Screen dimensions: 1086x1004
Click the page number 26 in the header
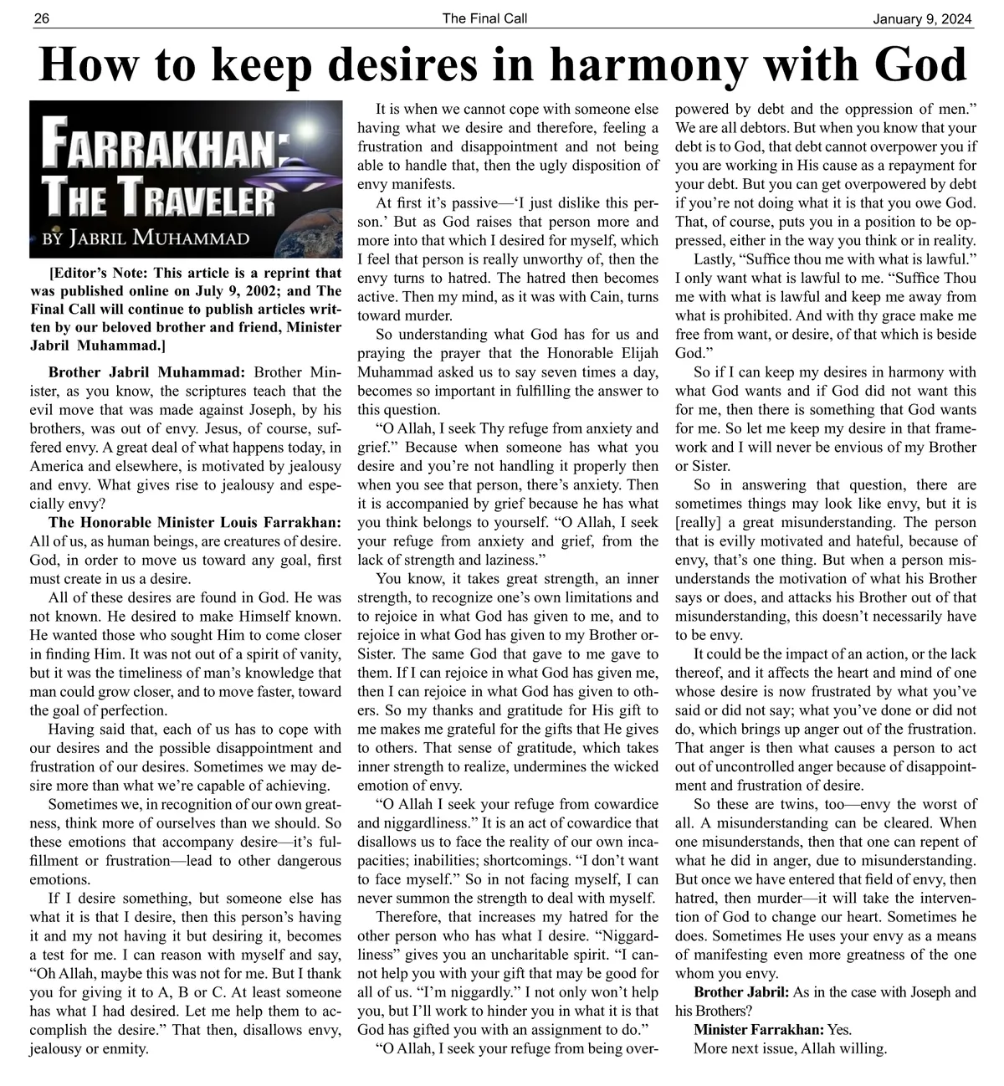(41, 18)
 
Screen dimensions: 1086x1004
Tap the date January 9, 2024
(923, 18)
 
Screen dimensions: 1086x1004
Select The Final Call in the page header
(484, 18)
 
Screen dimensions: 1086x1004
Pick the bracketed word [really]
(699, 522)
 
